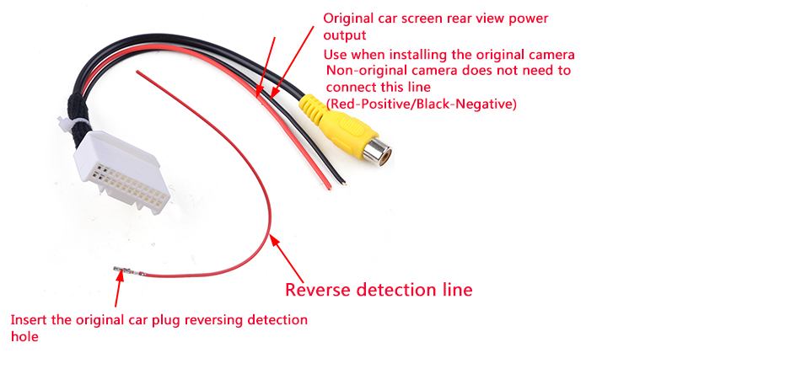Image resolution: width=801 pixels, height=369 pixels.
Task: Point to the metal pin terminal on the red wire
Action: tap(125, 270)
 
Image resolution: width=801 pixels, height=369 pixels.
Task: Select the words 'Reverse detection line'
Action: tap(379, 290)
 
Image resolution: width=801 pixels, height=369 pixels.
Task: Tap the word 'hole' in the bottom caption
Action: tap(24, 337)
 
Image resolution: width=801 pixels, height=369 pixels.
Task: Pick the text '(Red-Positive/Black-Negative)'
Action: tap(421, 104)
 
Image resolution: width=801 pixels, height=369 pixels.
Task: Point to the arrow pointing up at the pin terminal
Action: tap(119, 290)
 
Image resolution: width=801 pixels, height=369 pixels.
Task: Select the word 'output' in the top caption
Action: tap(345, 35)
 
